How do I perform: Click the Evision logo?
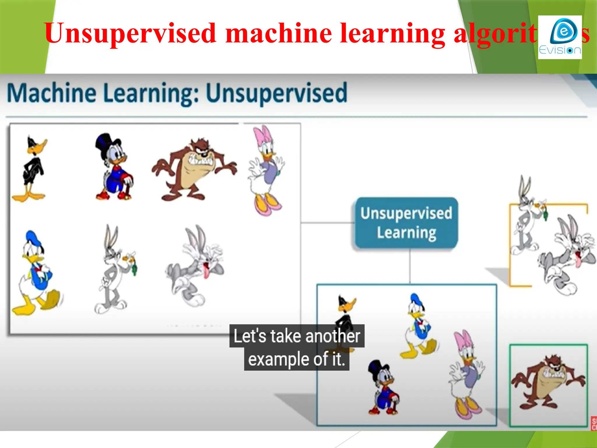560,37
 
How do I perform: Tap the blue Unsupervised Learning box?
406,223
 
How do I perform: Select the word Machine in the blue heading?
51,93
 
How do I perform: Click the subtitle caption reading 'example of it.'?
296,359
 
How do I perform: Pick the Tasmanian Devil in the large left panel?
194,169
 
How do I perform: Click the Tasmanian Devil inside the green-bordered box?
548,382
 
